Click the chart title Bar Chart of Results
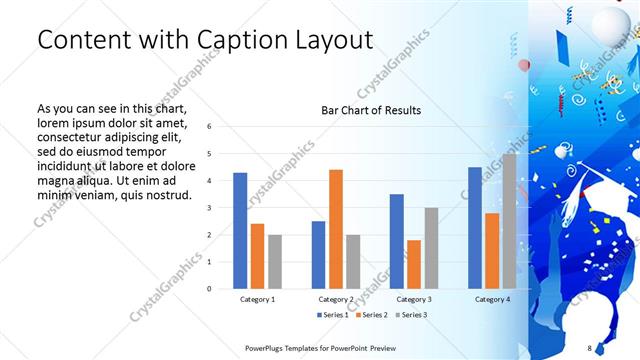point(370,110)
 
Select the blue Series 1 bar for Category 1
point(240,230)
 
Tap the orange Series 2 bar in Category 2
point(336,229)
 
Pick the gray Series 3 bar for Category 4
point(509,220)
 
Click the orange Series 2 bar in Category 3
point(414,264)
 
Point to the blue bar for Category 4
point(474,227)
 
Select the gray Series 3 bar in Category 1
point(275,261)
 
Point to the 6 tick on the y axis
point(209,127)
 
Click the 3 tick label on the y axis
point(209,208)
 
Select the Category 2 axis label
point(336,299)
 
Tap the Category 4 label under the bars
point(491,299)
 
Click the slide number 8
point(589,347)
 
